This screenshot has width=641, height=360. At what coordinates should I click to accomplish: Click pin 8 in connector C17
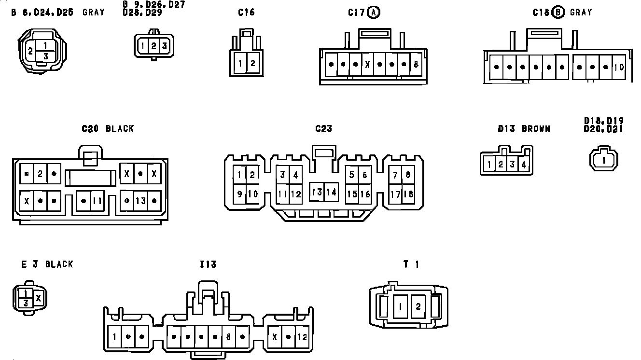tap(416, 64)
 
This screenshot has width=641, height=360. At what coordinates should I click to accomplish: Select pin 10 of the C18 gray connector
tap(619, 67)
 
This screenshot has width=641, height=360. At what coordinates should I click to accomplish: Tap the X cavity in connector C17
tap(367, 64)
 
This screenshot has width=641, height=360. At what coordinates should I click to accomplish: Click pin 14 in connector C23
tap(331, 192)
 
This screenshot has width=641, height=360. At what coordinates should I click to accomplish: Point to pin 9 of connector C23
tap(240, 194)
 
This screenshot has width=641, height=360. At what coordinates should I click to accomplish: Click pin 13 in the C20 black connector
tap(140, 201)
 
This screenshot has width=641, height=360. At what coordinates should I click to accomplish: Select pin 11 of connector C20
tap(97, 201)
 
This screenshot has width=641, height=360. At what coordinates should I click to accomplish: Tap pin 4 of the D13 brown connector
tap(524, 165)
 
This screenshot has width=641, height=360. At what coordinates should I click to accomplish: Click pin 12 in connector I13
tap(302, 337)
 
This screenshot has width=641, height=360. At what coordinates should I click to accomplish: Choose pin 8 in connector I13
tap(228, 337)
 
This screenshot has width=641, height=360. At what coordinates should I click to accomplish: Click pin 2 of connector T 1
tap(418, 306)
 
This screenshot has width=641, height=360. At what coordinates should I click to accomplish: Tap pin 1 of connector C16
tap(240, 63)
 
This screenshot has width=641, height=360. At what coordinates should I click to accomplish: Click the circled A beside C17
tap(374, 13)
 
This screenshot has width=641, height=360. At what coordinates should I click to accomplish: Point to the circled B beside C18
tap(558, 13)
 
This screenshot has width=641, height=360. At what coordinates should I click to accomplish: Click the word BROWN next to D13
tap(536, 129)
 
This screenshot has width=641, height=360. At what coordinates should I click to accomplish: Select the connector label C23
tap(323, 129)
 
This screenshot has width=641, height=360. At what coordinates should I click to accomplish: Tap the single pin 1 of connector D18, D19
tap(604, 160)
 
